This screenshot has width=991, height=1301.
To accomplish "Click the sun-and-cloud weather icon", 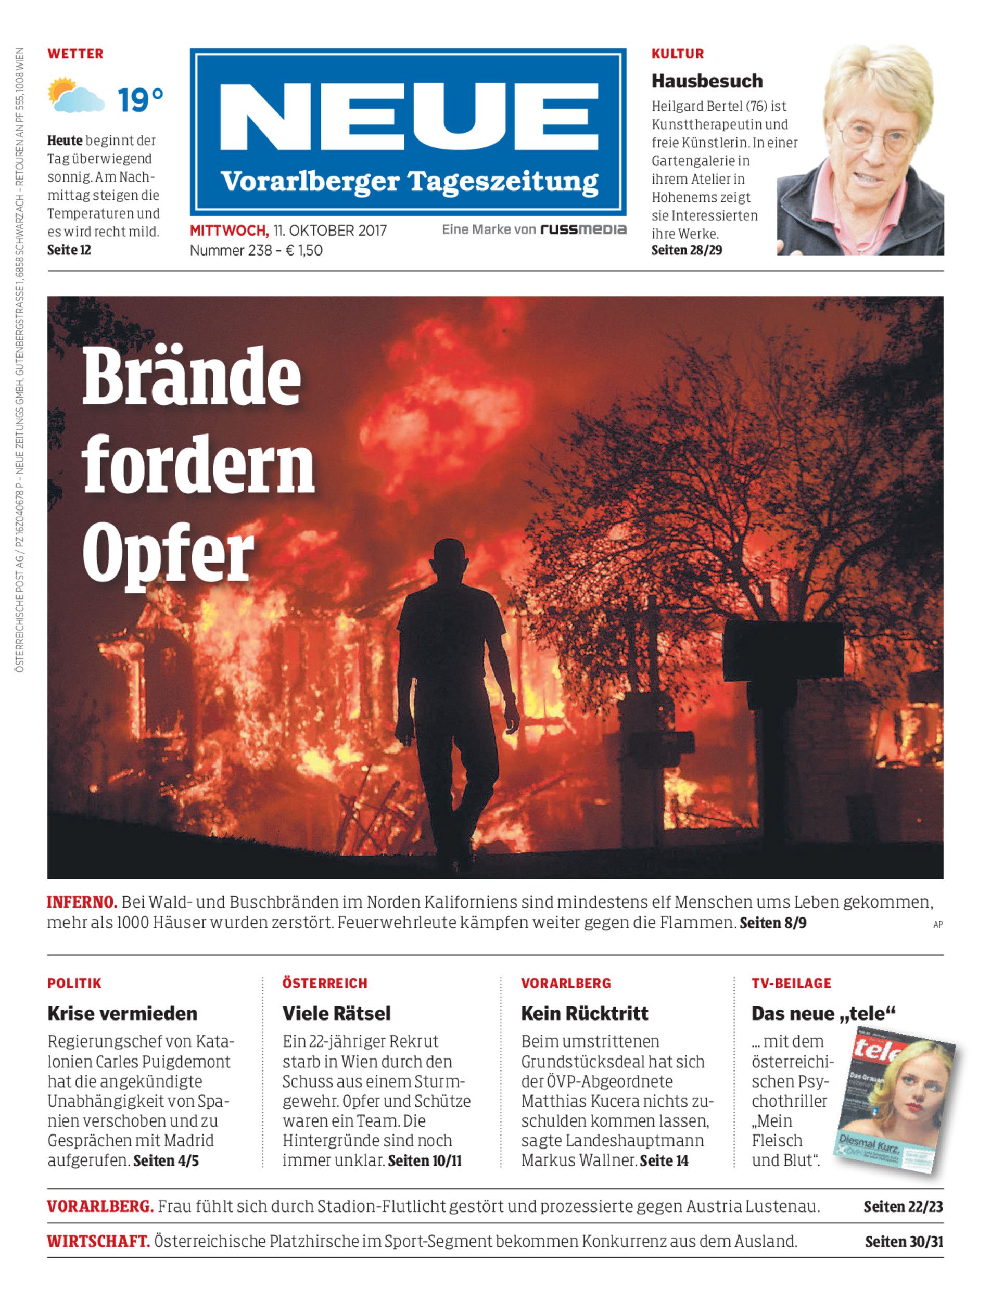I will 75,96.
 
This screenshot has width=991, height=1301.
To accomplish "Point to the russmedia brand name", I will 583,229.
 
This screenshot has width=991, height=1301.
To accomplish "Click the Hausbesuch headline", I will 707,81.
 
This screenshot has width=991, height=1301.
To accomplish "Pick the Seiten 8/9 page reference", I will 773,923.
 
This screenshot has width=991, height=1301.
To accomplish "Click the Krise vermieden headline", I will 122,1014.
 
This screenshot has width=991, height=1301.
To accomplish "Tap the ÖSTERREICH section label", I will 324,983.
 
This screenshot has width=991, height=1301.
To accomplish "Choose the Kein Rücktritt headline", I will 584,1014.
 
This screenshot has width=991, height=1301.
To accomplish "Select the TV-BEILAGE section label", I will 791,983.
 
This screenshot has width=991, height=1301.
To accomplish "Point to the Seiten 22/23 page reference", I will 903,1207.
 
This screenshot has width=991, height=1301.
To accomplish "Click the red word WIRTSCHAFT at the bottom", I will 98,1242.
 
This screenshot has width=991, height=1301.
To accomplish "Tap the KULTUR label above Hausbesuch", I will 677,54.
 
